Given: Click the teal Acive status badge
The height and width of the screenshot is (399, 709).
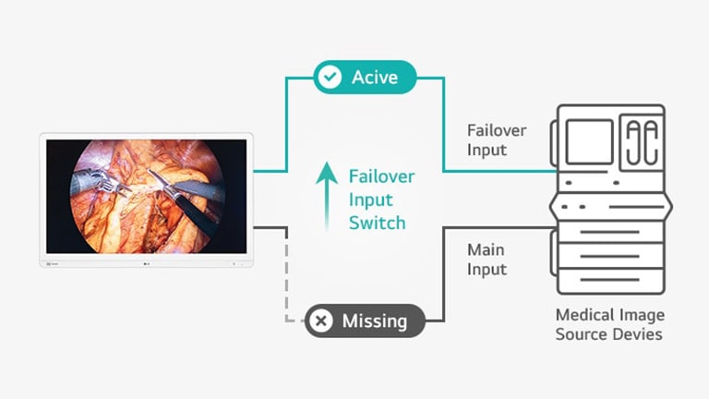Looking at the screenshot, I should [x=365, y=78].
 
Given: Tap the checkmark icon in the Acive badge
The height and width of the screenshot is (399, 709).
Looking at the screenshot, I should [x=329, y=78].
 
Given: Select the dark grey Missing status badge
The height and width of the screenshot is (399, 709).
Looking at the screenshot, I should [x=365, y=320].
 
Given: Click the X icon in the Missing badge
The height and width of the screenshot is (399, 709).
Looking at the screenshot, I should [x=321, y=320].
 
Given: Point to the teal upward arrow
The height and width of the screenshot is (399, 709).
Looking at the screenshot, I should [x=325, y=195].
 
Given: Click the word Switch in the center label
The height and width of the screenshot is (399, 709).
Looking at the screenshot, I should [x=377, y=223].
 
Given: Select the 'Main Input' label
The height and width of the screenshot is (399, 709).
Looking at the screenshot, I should [x=487, y=259].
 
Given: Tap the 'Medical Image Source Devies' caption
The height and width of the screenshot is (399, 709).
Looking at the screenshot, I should [x=609, y=324].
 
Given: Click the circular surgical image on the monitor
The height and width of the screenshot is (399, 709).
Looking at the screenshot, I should [x=149, y=197].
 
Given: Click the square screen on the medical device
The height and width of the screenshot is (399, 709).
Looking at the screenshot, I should [x=589, y=139].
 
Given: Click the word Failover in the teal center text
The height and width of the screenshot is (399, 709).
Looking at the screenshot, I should [x=381, y=176].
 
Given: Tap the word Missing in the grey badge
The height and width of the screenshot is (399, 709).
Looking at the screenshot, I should [x=375, y=320].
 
